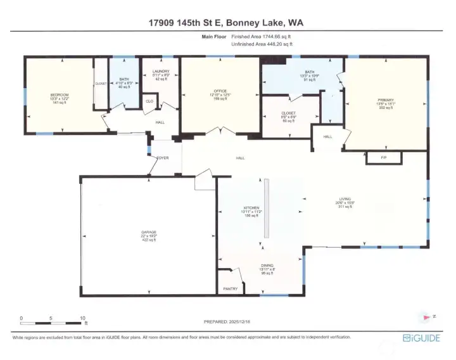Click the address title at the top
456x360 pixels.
[228, 22]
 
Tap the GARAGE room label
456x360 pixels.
[149, 233]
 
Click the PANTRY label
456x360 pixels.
[229, 288]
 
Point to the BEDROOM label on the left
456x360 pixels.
[60, 95]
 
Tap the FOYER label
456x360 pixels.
[162, 158]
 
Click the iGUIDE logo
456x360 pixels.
[421, 338]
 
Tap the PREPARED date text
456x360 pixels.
[227, 322]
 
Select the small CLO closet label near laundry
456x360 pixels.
[149, 101]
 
